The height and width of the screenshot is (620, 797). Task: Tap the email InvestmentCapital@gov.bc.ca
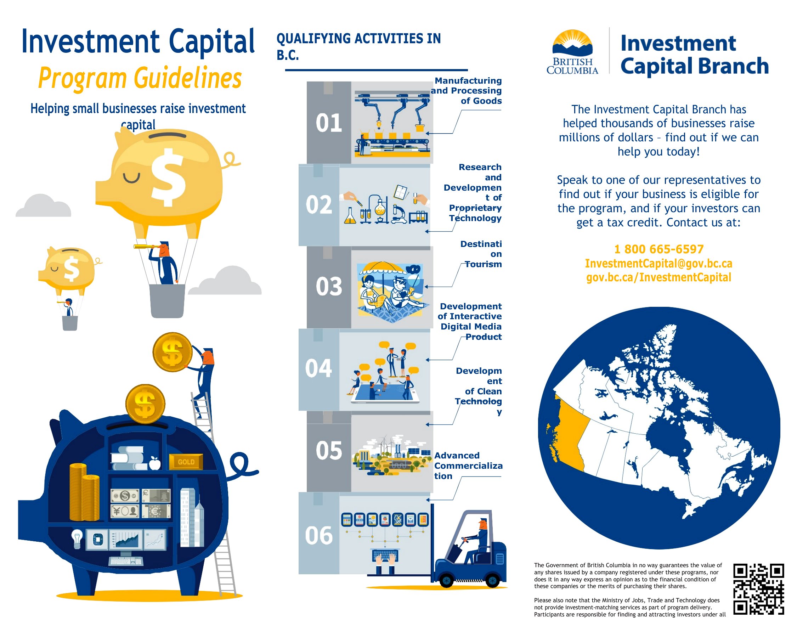pos(658,263)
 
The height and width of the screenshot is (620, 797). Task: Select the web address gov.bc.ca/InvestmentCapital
pos(659,277)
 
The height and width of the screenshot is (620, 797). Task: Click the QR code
pos(759,589)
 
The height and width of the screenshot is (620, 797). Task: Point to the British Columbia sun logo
pos(572,44)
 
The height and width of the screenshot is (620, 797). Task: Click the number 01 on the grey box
pos(328,123)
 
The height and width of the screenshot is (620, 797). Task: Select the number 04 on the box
pos(318,368)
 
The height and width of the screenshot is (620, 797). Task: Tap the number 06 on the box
pos(318,536)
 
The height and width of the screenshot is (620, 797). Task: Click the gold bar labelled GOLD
pos(186,462)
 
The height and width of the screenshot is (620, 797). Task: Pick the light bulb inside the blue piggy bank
pos(77,539)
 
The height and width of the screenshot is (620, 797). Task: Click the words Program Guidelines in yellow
pos(140,78)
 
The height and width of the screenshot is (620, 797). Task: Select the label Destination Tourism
pos(481,254)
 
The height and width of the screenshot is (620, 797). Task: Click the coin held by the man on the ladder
pos(172,352)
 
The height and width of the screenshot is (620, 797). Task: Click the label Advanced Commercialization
pos(468,466)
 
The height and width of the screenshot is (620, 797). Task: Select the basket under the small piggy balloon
pos(70,323)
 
